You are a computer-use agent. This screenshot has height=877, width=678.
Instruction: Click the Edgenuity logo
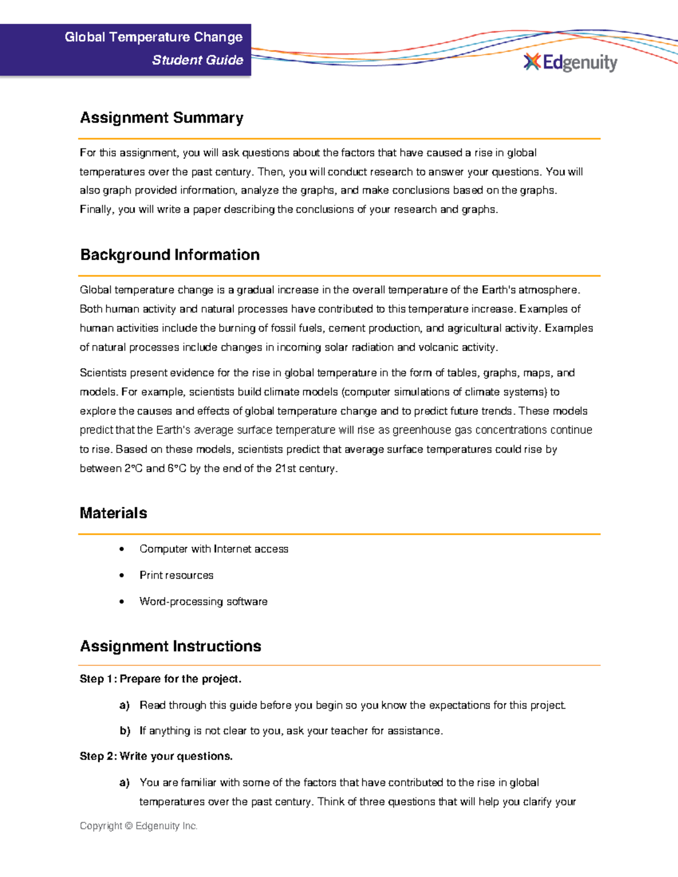(571, 62)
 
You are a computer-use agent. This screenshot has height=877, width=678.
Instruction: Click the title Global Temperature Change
(154, 37)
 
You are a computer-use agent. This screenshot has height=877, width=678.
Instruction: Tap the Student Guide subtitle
(197, 60)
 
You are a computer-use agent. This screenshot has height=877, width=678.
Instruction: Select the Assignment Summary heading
(162, 117)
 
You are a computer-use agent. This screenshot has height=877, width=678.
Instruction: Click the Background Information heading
(169, 255)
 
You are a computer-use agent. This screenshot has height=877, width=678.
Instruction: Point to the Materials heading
(114, 513)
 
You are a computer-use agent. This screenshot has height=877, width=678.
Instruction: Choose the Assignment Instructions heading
(171, 646)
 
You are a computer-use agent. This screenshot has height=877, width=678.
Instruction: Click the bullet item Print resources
(176, 575)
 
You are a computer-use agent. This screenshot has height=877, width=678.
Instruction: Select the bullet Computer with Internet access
(214, 549)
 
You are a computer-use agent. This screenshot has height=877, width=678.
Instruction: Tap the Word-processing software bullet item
(203, 601)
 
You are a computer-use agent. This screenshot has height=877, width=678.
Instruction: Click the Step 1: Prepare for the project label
(160, 679)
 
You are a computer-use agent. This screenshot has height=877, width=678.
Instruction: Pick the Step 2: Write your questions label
(156, 756)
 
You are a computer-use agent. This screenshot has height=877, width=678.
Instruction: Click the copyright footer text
(138, 826)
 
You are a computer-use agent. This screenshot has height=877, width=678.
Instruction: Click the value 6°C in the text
(176, 468)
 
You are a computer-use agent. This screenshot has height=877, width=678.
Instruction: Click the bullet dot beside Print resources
(122, 575)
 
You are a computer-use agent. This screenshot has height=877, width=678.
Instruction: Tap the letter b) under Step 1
(125, 731)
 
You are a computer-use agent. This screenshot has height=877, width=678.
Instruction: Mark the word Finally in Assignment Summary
(97, 210)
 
